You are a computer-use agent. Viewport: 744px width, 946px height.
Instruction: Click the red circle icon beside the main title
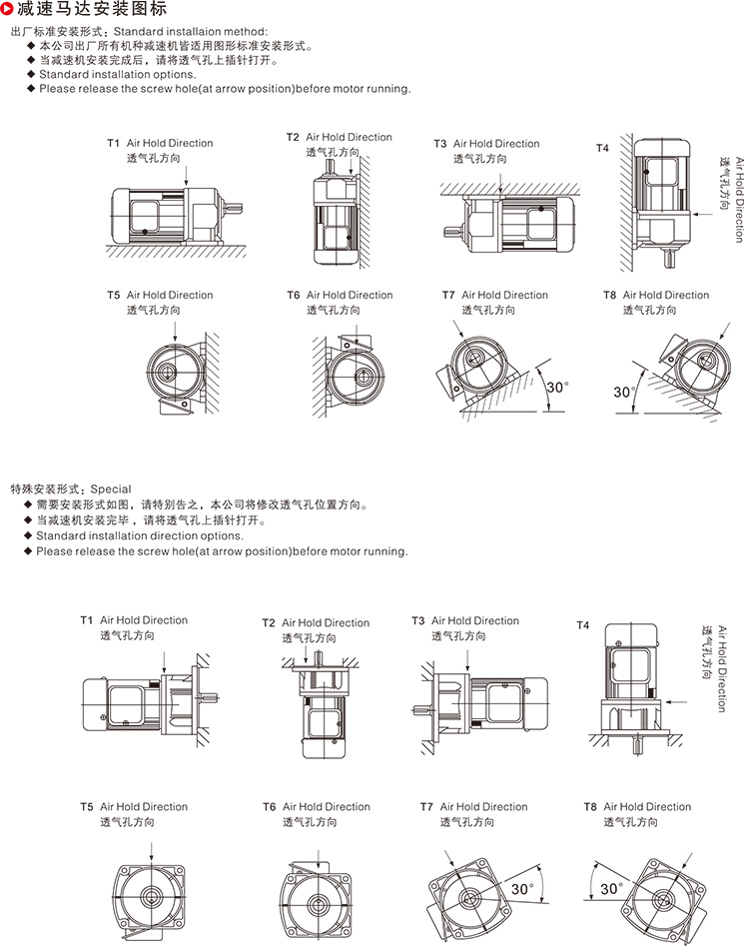click(9, 10)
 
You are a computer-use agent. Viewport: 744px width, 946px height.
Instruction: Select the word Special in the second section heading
click(111, 489)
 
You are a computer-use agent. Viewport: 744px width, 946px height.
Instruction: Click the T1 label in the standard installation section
click(114, 144)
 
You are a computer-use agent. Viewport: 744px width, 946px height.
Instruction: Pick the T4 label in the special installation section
click(583, 625)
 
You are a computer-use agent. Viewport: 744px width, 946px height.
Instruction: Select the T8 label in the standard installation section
click(609, 296)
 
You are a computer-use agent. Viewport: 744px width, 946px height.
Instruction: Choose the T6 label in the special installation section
click(270, 807)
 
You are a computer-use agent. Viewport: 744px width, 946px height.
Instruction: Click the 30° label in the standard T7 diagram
click(556, 387)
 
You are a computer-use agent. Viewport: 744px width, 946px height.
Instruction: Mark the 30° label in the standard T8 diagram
click(623, 392)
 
